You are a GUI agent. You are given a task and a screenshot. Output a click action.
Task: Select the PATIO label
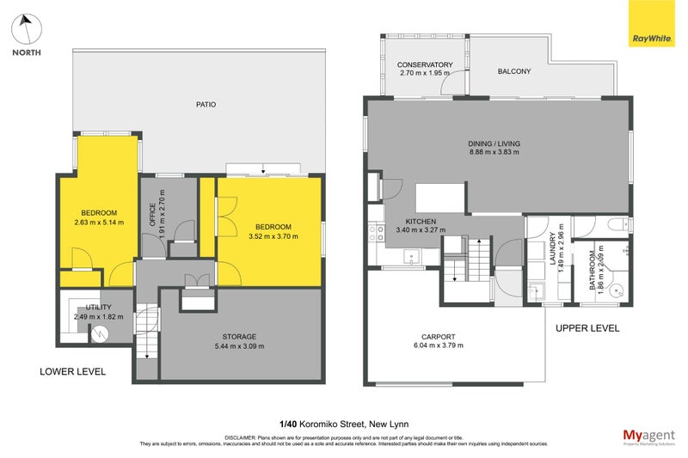(x=204, y=105)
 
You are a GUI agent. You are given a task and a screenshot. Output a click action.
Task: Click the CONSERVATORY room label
(x=425, y=65)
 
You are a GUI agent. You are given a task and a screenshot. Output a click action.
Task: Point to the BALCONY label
(x=514, y=71)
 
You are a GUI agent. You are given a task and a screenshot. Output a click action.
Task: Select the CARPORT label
(x=438, y=337)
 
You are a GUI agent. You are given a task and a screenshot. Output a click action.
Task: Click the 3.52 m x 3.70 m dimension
(x=269, y=236)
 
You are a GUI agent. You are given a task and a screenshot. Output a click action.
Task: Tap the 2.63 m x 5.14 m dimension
(x=99, y=223)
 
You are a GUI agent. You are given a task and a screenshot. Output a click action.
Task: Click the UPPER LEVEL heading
(x=587, y=328)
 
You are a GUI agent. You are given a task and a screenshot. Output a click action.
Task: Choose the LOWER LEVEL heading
(x=73, y=372)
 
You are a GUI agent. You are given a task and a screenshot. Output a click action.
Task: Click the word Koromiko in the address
(x=319, y=424)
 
